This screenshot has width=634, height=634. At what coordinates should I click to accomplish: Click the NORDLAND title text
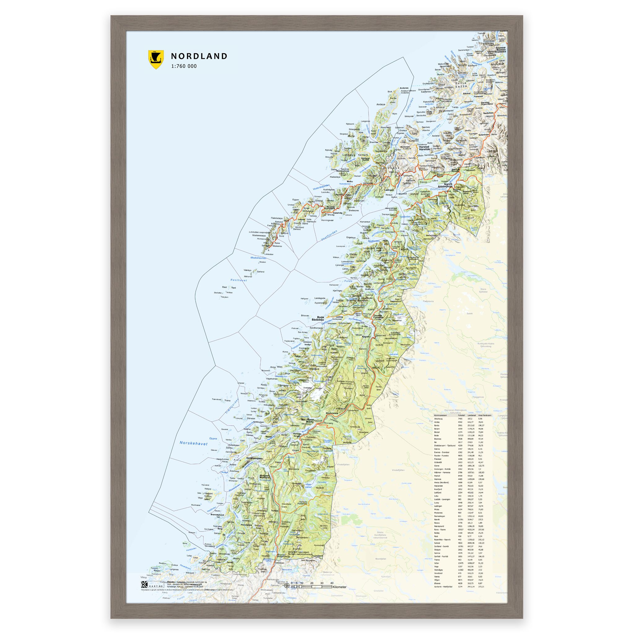[199, 56]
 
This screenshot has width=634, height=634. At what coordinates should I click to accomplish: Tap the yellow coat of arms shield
[156, 59]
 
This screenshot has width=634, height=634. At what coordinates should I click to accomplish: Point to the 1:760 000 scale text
[184, 66]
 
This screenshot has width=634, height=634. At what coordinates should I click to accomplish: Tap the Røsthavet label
[239, 280]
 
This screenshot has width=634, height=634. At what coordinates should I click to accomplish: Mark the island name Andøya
[381, 104]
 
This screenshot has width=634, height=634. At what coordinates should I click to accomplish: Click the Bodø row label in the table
[436, 436]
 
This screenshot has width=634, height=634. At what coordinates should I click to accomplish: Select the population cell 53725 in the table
[461, 436]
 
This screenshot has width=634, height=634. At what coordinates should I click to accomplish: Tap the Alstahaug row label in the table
[439, 419]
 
